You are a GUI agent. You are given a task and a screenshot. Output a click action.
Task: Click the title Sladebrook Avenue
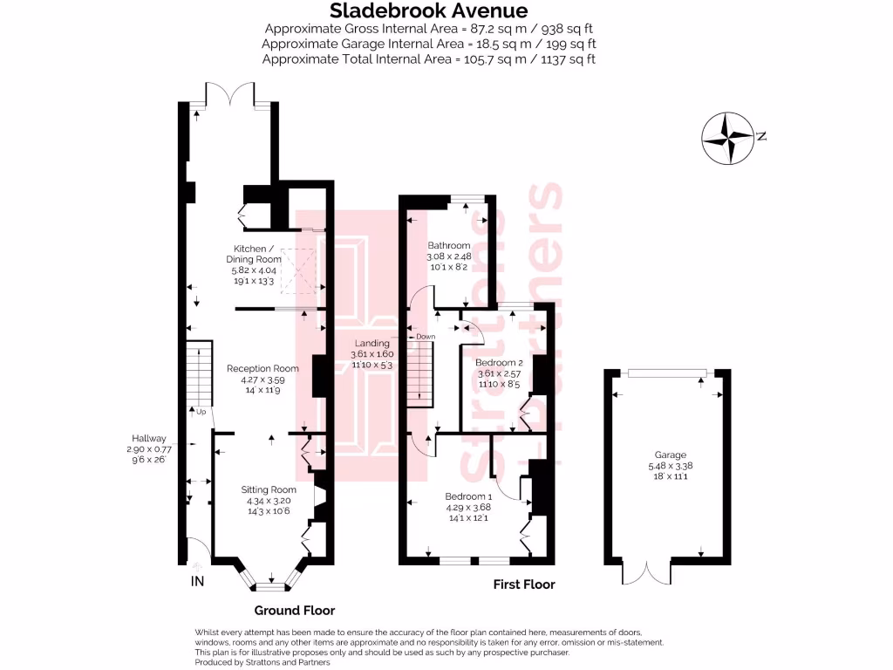tap(428, 11)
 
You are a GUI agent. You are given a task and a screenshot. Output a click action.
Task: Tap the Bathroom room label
tap(448, 245)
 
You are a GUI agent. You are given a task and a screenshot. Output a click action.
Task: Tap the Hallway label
tap(143, 438)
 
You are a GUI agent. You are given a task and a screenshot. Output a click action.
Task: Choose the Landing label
tap(372, 343)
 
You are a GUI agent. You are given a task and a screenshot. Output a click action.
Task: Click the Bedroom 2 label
tap(498, 362)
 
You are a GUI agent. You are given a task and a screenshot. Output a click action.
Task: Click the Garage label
tap(671, 455)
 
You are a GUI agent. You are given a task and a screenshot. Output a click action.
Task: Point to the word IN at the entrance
tap(197, 582)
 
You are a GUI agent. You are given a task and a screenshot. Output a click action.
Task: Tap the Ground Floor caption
tap(294, 611)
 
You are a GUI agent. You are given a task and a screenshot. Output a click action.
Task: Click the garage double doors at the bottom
tap(646, 572)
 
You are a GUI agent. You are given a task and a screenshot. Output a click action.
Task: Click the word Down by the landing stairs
tap(426, 336)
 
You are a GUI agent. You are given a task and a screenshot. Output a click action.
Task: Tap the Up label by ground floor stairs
tap(201, 411)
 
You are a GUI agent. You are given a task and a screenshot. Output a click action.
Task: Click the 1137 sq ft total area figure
tap(568, 59)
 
